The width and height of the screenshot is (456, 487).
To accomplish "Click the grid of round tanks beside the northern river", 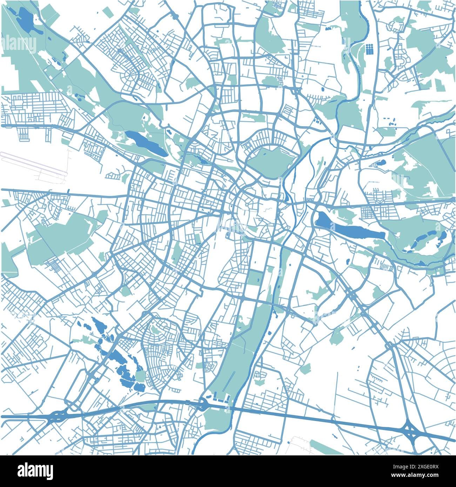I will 369,49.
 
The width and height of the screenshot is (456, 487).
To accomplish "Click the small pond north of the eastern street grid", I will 380,163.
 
